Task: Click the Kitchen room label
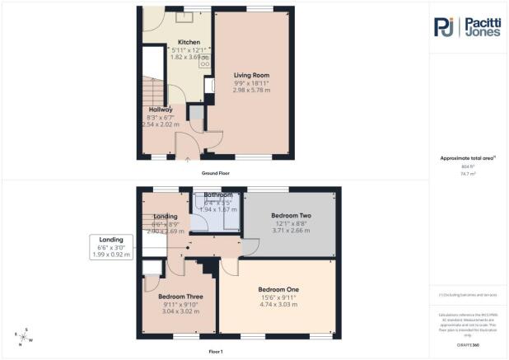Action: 189,42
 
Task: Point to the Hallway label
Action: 161,110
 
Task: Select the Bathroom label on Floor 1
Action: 218,195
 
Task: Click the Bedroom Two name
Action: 289,214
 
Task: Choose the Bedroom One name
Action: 278,289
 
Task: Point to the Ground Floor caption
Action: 216,173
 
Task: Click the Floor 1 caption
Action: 216,351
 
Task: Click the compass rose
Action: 24,335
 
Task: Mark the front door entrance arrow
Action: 189,161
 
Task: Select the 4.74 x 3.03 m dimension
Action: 278,305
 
